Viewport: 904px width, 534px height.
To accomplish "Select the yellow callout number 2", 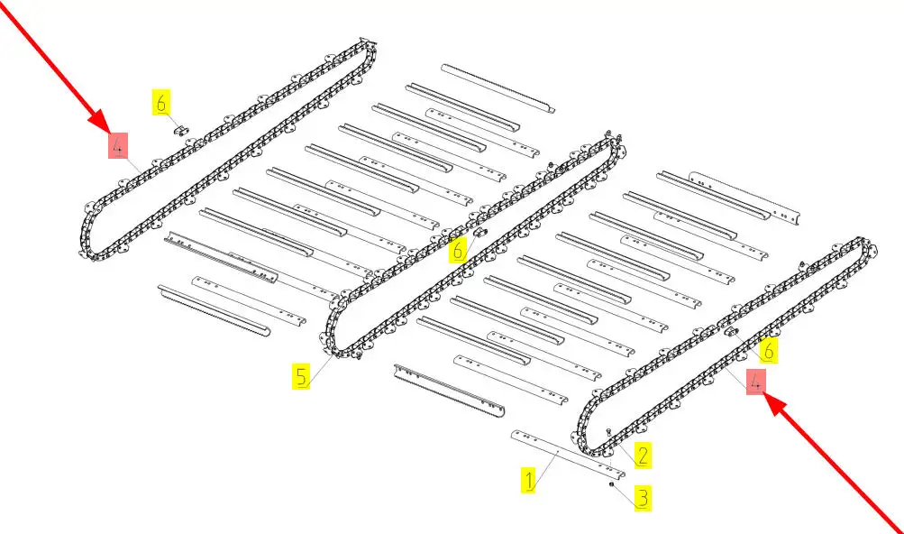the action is click(x=642, y=456).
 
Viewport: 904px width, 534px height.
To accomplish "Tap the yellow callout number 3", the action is click(x=642, y=497).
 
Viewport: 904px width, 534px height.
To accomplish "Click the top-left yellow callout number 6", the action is click(x=161, y=103).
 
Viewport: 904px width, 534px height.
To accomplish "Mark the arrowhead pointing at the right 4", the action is click(x=772, y=400).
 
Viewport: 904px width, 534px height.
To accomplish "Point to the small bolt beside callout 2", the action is click(x=610, y=431).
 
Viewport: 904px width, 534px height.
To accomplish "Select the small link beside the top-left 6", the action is click(x=180, y=131).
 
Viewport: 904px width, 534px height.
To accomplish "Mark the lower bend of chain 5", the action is click(x=333, y=343).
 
